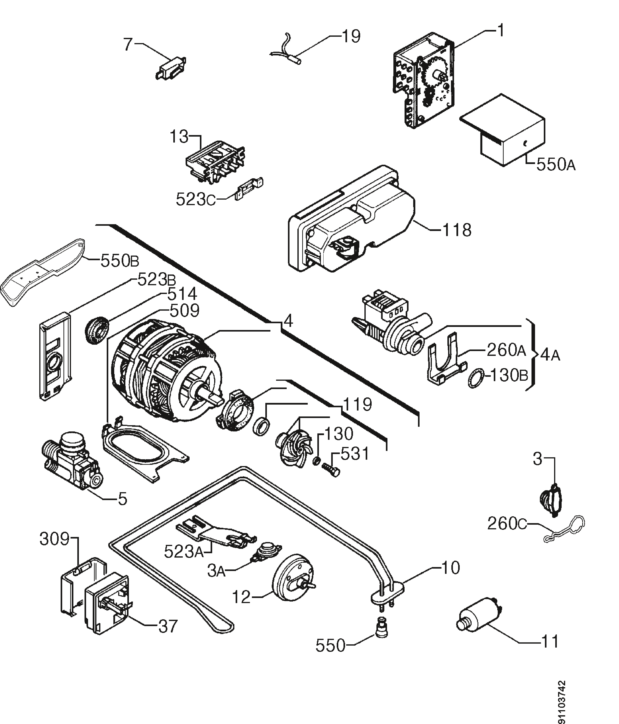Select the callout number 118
pos(457,230)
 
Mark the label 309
pos(55,539)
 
